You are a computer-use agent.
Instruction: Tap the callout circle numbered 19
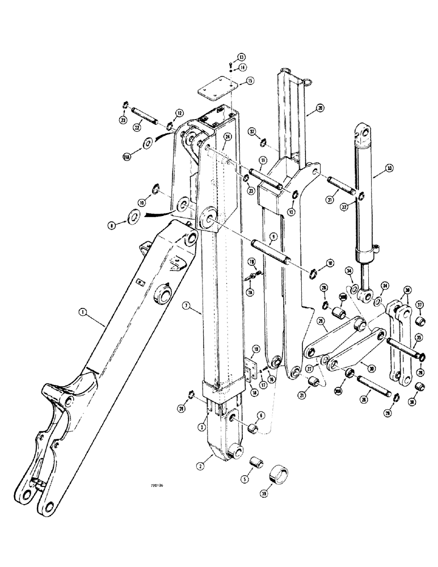click(256, 349)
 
